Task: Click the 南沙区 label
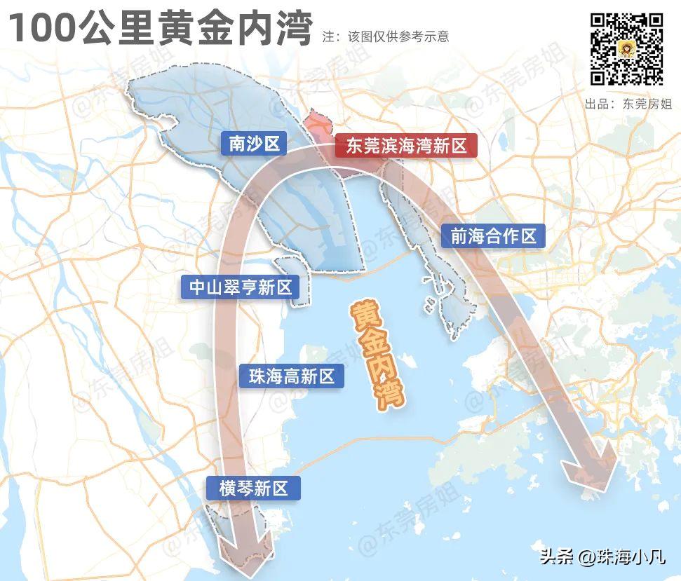[254, 144]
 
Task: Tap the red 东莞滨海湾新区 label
[406, 146]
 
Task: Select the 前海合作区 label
[493, 236]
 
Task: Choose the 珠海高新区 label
[291, 376]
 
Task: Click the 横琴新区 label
[253, 488]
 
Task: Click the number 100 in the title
[45, 30]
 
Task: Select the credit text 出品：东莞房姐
[628, 104]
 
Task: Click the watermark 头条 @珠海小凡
[602, 558]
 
